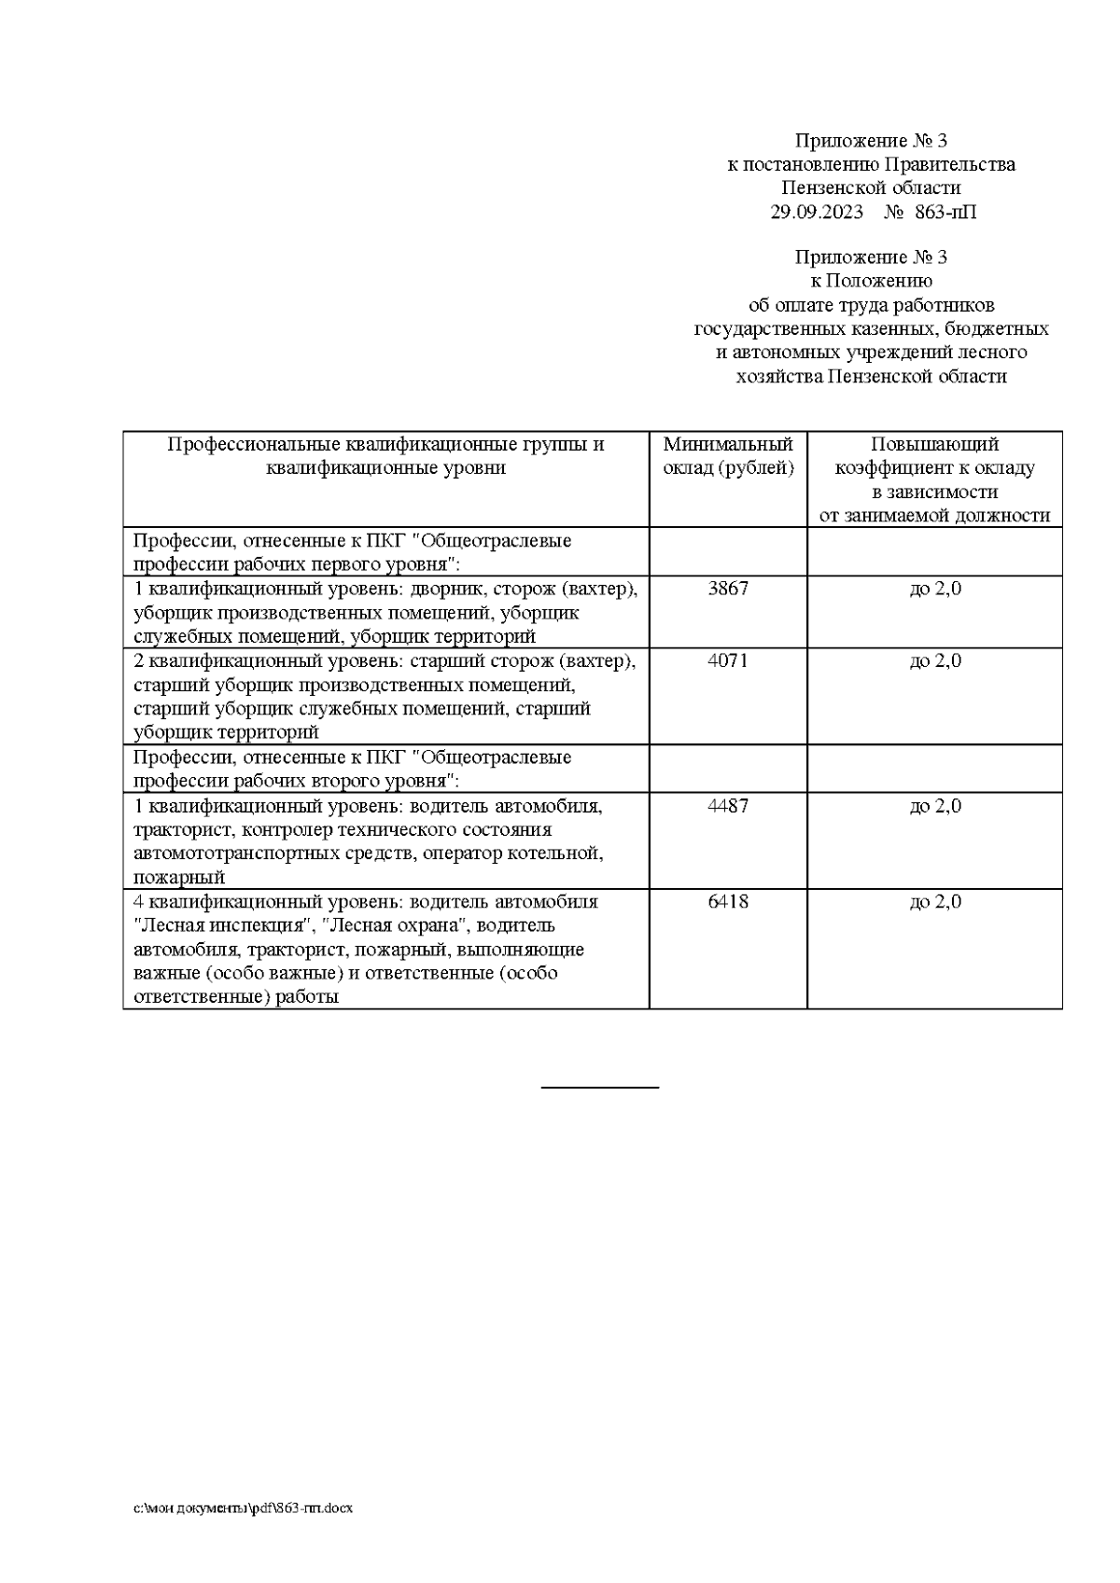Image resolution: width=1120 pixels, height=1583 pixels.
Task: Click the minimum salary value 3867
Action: [728, 589]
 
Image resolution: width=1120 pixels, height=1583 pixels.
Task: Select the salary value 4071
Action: [728, 661]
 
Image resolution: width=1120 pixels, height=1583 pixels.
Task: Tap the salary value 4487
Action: [728, 806]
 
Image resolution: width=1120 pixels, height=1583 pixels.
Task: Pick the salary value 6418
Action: [728, 902]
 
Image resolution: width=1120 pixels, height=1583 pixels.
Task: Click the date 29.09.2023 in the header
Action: [817, 212]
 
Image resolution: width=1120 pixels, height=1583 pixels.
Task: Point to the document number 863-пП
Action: [945, 212]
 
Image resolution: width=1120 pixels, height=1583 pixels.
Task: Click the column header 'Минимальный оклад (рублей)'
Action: [728, 456]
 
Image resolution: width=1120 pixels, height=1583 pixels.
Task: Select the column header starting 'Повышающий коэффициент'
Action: [934, 479]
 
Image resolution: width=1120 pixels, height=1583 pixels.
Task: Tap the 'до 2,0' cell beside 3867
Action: [934, 589]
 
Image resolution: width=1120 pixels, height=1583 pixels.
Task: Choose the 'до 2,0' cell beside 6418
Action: [934, 902]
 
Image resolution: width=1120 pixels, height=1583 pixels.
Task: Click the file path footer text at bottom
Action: [243, 1508]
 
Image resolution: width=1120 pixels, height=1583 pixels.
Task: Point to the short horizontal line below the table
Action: [600, 1088]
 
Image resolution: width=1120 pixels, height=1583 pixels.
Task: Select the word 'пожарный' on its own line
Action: [179, 878]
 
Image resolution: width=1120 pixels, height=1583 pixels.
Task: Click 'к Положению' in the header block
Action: [871, 281]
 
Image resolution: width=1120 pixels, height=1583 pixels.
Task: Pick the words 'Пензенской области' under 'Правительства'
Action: [871, 188]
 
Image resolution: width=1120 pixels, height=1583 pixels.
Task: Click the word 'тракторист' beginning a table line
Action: [175, 830]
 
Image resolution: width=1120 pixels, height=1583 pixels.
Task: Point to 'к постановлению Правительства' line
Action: [871, 164]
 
